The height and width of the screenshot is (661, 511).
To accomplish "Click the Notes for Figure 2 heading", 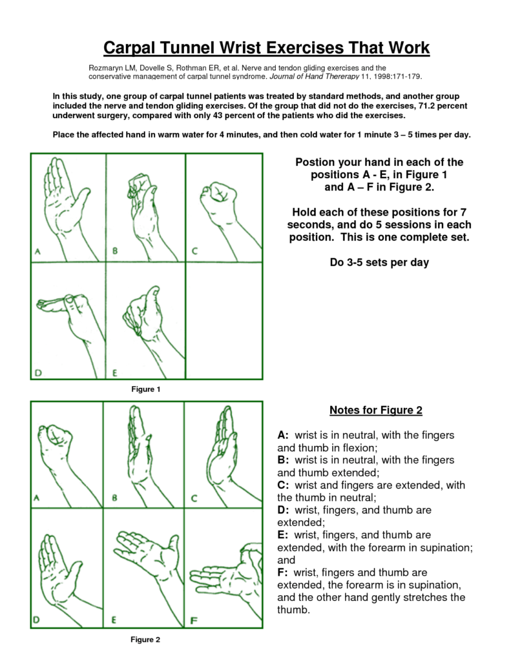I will [x=375, y=410].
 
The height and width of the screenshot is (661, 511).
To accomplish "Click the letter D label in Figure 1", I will [x=39, y=372].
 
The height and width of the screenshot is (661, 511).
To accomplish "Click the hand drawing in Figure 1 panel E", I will [x=142, y=316].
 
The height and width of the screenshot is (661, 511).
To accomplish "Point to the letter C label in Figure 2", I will [x=194, y=498].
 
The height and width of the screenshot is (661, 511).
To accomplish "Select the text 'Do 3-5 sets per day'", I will [x=375, y=263].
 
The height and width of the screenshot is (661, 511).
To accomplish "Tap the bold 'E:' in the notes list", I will [x=284, y=535].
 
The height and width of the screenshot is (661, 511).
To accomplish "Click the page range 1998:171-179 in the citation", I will [x=393, y=76].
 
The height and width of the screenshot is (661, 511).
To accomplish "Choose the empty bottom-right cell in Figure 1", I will [x=224, y=323].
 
